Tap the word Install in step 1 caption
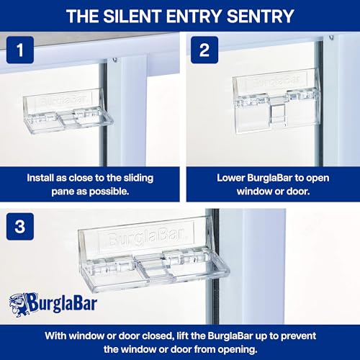[x=42, y=176]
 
